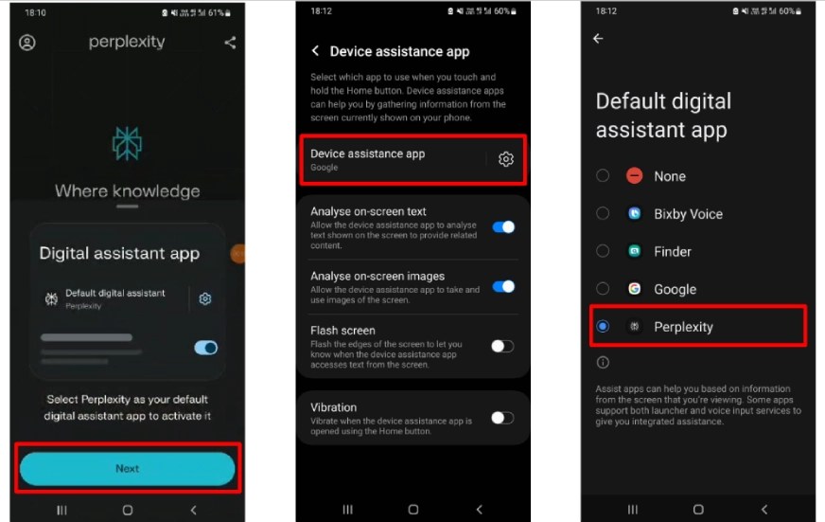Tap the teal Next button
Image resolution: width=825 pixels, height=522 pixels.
[x=128, y=468]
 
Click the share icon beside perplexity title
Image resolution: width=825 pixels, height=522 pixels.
[x=230, y=42]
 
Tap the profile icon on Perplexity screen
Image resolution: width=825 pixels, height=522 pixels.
[x=27, y=42]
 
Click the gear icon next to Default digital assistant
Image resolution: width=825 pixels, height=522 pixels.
[x=205, y=298]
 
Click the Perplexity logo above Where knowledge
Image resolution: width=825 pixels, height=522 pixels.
[x=127, y=143]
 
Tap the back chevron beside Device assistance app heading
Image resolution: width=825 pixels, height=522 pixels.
[x=315, y=50]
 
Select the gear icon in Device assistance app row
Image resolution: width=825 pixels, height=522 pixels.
[x=505, y=158]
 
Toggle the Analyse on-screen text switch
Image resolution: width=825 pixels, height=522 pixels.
[x=503, y=226]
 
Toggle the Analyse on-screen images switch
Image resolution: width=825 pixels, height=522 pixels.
[x=503, y=286]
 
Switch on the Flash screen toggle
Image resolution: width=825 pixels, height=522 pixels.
[x=502, y=346]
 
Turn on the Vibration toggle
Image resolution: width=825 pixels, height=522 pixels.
[x=502, y=418]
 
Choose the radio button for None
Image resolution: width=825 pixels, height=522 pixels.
[x=603, y=175]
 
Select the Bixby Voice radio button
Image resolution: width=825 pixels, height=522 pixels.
[x=603, y=213]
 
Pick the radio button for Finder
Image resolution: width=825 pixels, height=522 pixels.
[x=603, y=251]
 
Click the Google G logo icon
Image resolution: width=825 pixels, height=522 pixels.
[x=635, y=289]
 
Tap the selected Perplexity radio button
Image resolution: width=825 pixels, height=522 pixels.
[x=603, y=326]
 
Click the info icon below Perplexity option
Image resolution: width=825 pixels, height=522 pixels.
[x=603, y=363]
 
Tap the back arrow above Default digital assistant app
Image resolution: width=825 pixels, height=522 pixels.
[x=598, y=39]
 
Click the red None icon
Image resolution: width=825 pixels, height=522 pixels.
[x=635, y=175]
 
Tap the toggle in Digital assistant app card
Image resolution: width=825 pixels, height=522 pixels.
[x=205, y=348]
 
